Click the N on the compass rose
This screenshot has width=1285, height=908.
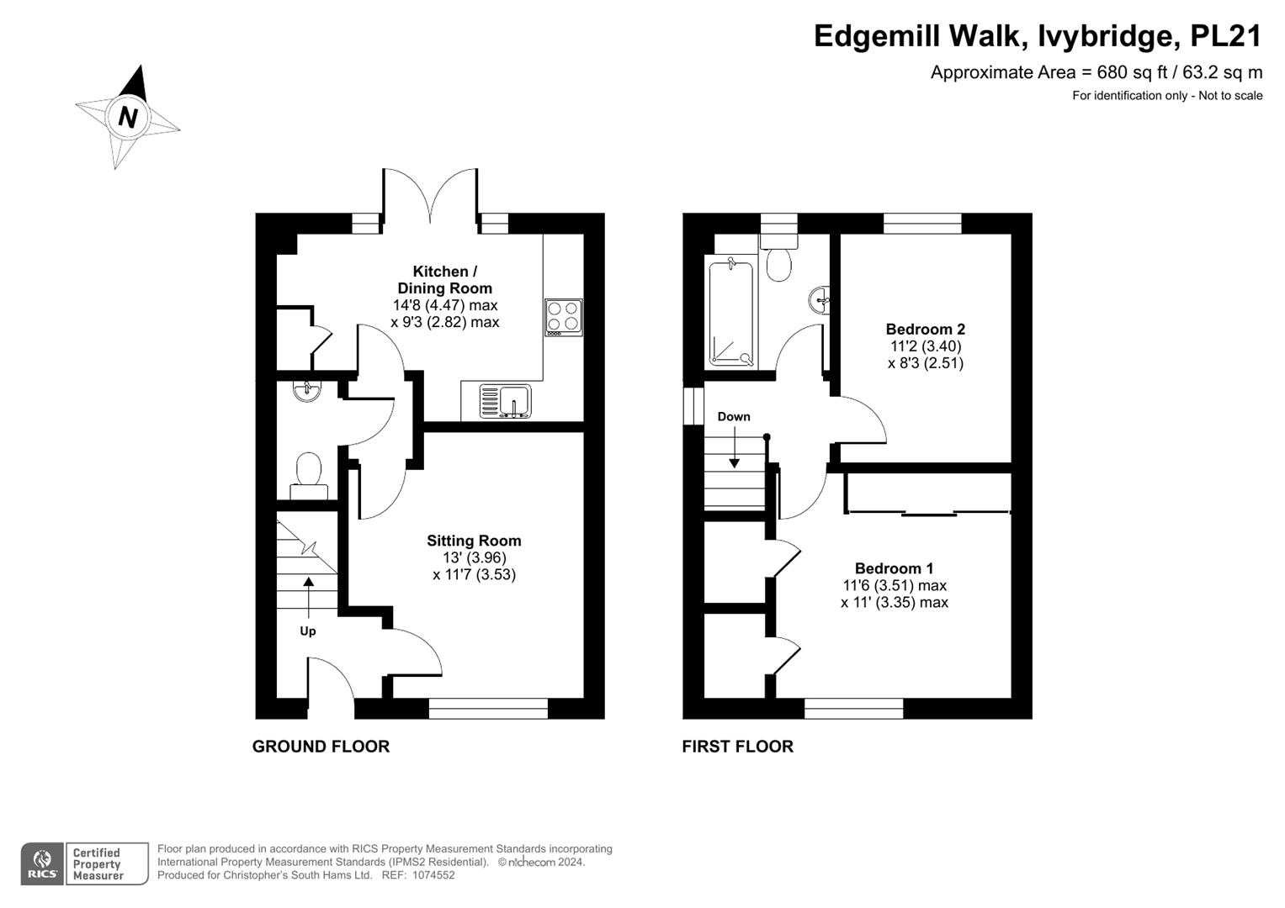coord(127,117)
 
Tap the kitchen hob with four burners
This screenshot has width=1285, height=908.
coord(563,317)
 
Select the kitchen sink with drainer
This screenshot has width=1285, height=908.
coord(506,401)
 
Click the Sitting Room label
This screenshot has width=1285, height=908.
coord(474,541)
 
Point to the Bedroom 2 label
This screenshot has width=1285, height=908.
coord(926,329)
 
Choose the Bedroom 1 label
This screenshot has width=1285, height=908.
coord(894,568)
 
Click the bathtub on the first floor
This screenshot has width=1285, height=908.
coord(731,313)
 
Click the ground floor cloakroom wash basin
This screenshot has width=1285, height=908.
coord(306,391)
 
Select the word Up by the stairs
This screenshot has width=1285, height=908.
coord(308,631)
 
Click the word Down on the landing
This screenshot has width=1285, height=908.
coord(734,417)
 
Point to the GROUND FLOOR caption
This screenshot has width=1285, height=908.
coord(321,747)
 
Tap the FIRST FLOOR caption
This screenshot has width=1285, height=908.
coord(738,747)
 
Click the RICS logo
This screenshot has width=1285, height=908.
coord(42,863)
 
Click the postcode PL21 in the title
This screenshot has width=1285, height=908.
coord(1226,36)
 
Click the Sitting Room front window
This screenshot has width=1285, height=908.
coord(488,709)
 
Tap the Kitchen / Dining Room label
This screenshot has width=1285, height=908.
coord(444,280)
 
